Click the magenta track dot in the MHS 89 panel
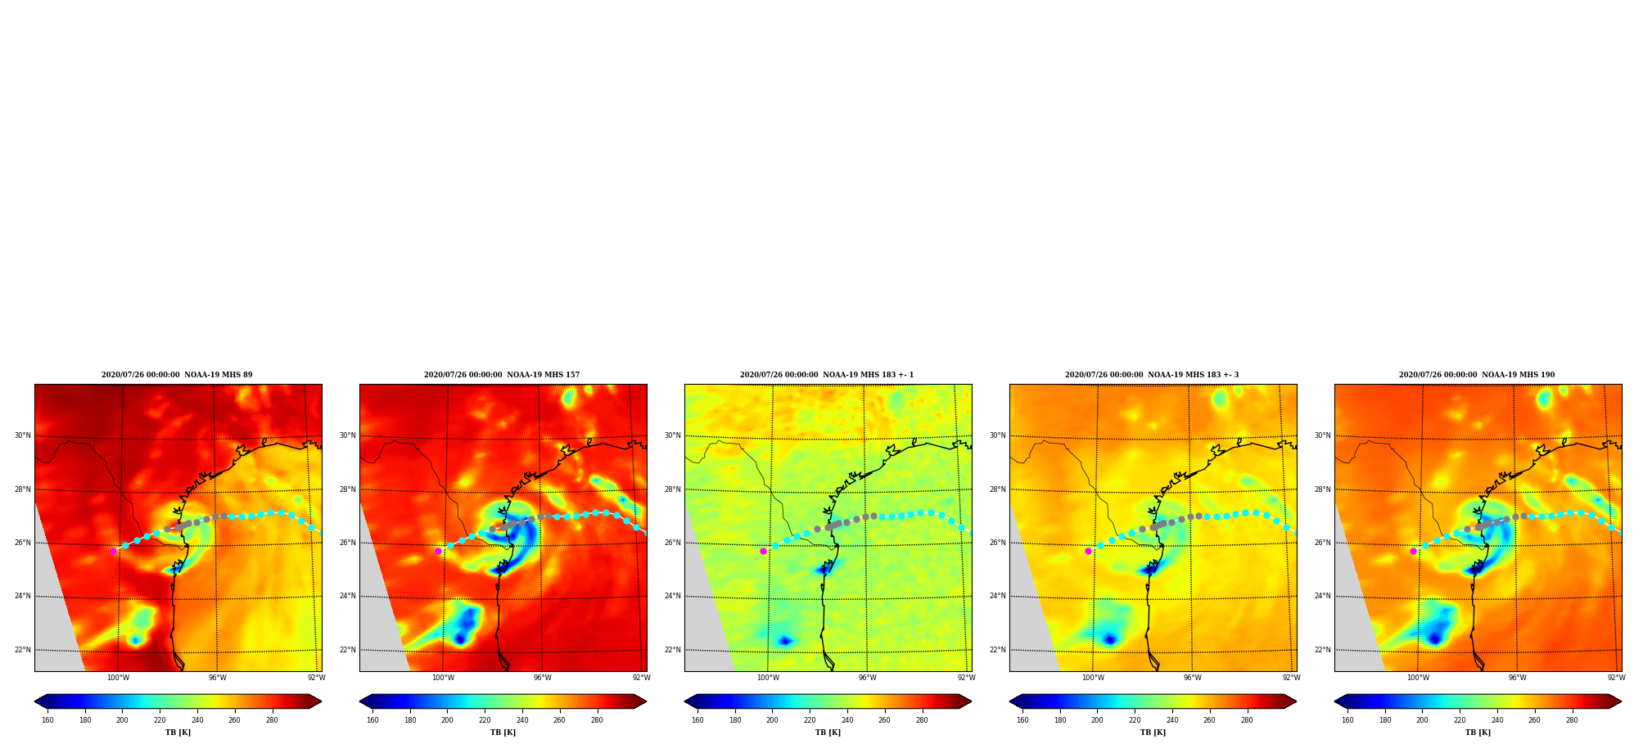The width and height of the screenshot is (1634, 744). coord(114,551)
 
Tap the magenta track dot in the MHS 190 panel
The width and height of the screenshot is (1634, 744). coord(1413,551)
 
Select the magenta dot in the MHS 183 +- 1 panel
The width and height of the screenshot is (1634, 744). coord(763,551)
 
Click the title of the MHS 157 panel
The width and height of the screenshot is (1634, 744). coord(502,375)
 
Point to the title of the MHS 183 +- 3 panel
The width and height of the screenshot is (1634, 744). coord(1152,375)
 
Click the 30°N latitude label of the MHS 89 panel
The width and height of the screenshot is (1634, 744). coord(22,435)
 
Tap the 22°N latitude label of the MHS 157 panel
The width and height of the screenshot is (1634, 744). coord(347,650)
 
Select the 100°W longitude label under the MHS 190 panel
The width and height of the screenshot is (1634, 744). coord(1418,678)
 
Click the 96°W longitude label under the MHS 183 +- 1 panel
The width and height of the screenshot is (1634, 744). coord(867,678)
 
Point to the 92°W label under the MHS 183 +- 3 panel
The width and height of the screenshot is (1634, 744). coord(1291,678)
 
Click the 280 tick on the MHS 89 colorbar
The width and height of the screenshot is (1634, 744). coord(272,720)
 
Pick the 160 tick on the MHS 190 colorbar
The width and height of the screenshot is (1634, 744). coord(1347,720)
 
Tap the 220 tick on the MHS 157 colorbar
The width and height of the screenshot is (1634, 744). coord(485,720)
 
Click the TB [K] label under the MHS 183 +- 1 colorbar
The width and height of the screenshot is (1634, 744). coord(828,733)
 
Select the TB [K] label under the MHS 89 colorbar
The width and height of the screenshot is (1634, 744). coord(178,733)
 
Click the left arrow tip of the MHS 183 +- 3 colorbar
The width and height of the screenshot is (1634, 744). coord(1009,701)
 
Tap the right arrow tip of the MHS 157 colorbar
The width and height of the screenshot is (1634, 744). coord(647,701)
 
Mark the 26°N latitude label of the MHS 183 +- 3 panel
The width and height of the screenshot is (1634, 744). coord(997,543)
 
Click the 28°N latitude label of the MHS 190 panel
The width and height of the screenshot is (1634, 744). coord(1322,489)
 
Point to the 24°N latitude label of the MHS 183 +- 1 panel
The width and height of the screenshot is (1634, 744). coord(672,596)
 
